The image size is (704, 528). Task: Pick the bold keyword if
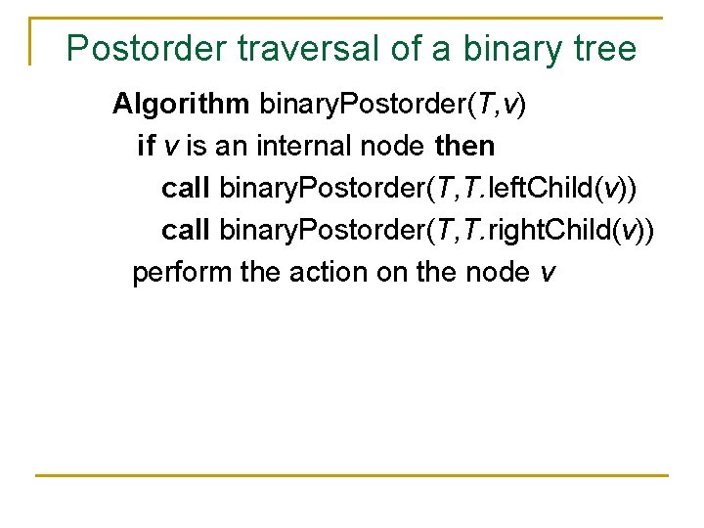coord(146,147)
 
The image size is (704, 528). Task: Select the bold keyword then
coord(464,147)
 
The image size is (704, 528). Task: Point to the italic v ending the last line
coord(547,273)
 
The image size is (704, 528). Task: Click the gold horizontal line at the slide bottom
coord(352,475)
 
